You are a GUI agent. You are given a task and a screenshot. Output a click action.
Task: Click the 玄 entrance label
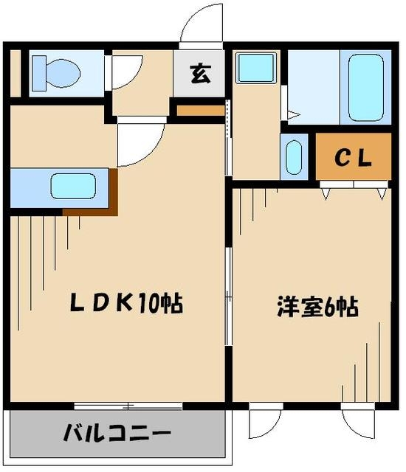click(201, 74)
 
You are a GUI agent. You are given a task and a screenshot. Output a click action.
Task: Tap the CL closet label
click(353, 157)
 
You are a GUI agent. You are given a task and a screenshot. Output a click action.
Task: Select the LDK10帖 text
click(126, 302)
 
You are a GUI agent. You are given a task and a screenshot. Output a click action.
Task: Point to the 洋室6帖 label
click(317, 307)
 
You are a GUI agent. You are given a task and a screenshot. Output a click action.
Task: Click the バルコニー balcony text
click(117, 433)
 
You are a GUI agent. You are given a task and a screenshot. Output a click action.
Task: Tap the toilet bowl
click(63, 73)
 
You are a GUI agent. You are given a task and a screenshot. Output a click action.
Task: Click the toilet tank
click(39, 73)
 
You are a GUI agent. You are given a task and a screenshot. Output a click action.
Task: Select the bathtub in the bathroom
click(365, 87)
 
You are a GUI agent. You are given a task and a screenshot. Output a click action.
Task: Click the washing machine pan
click(256, 67)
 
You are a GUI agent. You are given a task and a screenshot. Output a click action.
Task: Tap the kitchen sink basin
click(73, 186)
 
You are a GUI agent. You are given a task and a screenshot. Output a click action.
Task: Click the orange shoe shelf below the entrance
click(201, 111)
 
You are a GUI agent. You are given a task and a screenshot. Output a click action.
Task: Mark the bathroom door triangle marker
click(294, 115)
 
